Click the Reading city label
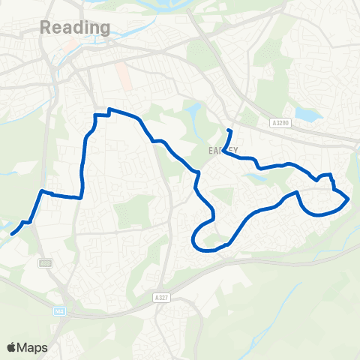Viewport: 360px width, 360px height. (74, 28)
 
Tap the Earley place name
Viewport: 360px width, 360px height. (223, 151)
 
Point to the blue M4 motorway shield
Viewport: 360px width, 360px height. (58, 310)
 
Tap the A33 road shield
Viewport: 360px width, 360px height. (46, 262)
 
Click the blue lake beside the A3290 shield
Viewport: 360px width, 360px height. (307, 115)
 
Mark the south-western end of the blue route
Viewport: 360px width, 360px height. (12, 234)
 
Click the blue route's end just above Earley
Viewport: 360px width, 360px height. (229, 131)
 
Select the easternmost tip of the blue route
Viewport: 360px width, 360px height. (349, 199)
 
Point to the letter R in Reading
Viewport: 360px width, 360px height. (44, 28)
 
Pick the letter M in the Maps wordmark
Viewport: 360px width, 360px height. (22, 347)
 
